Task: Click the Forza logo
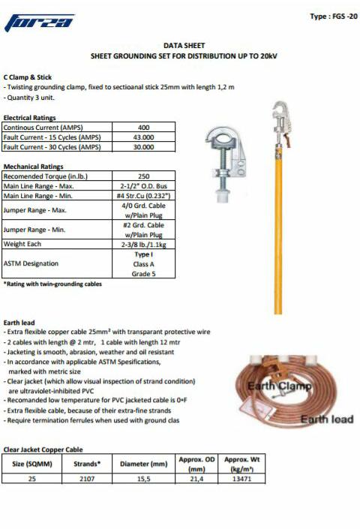click(x=40, y=24)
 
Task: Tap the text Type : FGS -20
click(x=332, y=17)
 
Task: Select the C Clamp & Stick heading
click(x=28, y=77)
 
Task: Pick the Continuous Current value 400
click(x=143, y=128)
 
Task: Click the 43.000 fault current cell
click(x=143, y=137)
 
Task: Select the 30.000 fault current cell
click(x=143, y=147)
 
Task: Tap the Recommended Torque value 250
click(x=143, y=176)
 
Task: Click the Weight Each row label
click(x=22, y=244)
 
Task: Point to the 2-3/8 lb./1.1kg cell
click(x=143, y=244)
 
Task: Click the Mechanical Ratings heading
click(x=34, y=167)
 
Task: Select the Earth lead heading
click(x=19, y=323)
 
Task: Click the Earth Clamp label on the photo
click(x=279, y=386)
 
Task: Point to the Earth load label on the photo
click(x=326, y=419)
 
